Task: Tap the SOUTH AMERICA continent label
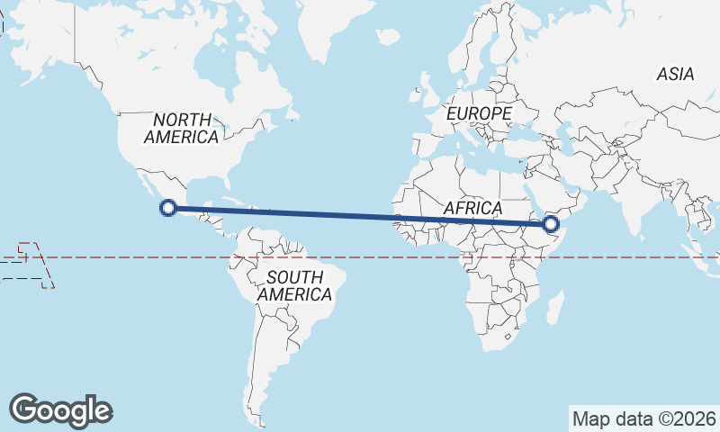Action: pos(294,285)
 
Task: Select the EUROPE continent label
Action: pos(479,114)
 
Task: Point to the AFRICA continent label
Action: pos(472,209)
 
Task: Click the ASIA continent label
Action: pos(675,75)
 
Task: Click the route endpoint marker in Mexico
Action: pos(166,208)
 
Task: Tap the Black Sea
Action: pos(524,125)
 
